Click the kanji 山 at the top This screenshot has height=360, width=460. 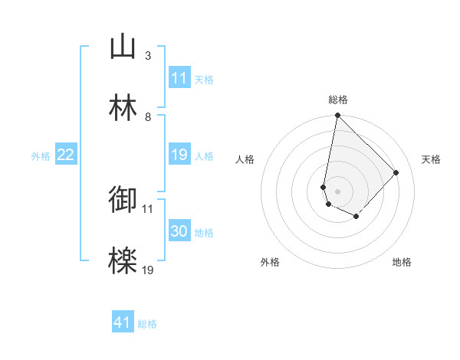tap(123, 47)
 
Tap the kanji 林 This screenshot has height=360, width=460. tap(123, 108)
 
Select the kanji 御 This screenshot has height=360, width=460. tap(123, 200)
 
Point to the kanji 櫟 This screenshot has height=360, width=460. tap(123, 261)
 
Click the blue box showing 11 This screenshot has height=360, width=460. tap(179, 77)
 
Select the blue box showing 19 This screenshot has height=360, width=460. tap(179, 155)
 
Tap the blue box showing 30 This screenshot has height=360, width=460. tap(179, 231)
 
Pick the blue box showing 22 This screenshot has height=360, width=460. tap(65, 155)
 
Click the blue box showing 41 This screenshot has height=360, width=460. tap(123, 322)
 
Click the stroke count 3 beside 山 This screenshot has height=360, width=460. tap(147, 56)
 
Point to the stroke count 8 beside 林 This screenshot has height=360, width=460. tap(147, 117)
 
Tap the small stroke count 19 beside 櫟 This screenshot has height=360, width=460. tap(148, 270)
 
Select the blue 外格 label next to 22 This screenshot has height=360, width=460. tap(41, 156)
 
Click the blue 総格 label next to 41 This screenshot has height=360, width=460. tap(147, 324)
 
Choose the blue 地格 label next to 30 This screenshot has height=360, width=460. tap(204, 233)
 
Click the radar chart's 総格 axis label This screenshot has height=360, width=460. tap(338, 100)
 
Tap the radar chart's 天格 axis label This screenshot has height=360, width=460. tap(431, 159)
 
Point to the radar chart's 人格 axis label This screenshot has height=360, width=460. tap(245, 159)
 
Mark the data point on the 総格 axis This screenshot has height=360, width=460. tap(337, 116)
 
